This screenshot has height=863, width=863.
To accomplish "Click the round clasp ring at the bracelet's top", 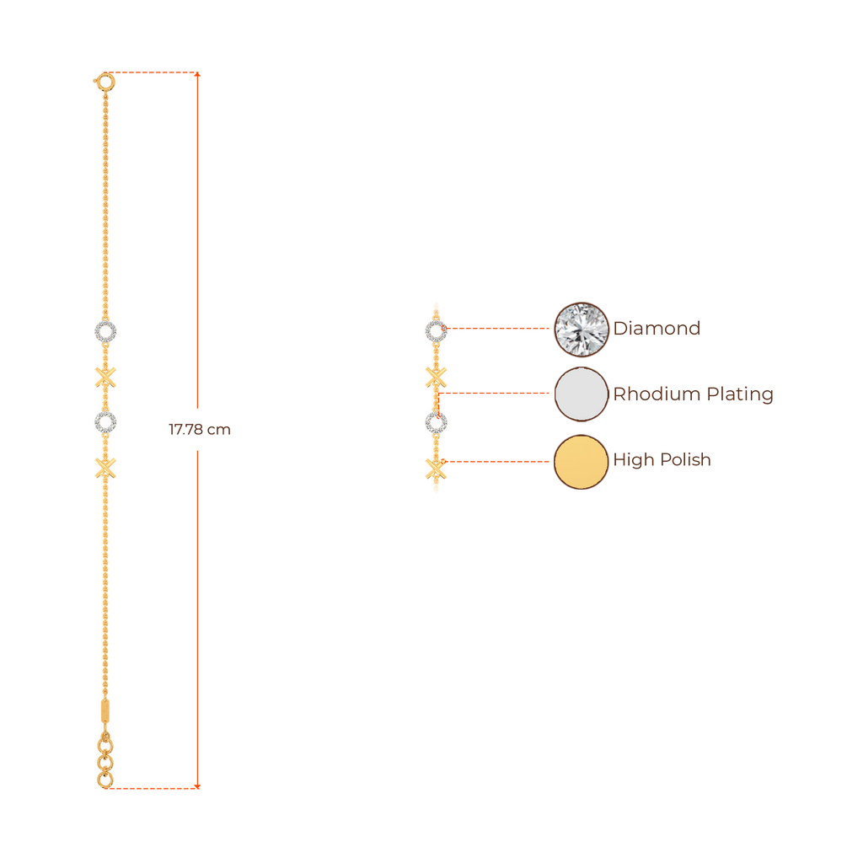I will coord(105,81).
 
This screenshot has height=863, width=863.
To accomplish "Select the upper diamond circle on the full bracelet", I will coord(105,331).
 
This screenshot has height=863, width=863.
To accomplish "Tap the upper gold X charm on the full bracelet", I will coord(105,378).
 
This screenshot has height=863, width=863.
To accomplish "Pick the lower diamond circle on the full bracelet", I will coord(105,421).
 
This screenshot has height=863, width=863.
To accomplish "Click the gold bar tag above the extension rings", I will coord(105,710).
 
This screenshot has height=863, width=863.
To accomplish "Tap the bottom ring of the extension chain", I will coord(105,780).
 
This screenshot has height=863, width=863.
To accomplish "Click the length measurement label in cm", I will coord(199,430).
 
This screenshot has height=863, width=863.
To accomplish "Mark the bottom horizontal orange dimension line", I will coord(156,788).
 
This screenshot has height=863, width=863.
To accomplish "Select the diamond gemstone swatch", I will coord(581,329).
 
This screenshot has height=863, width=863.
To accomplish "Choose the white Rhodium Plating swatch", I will coord(581,394).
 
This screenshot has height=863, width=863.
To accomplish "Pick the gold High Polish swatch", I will coord(581,461).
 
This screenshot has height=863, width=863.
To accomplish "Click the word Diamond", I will coord(657,329).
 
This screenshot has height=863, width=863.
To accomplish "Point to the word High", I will coord(632,460).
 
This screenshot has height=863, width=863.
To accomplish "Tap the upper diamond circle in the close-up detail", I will coord(435,331).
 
